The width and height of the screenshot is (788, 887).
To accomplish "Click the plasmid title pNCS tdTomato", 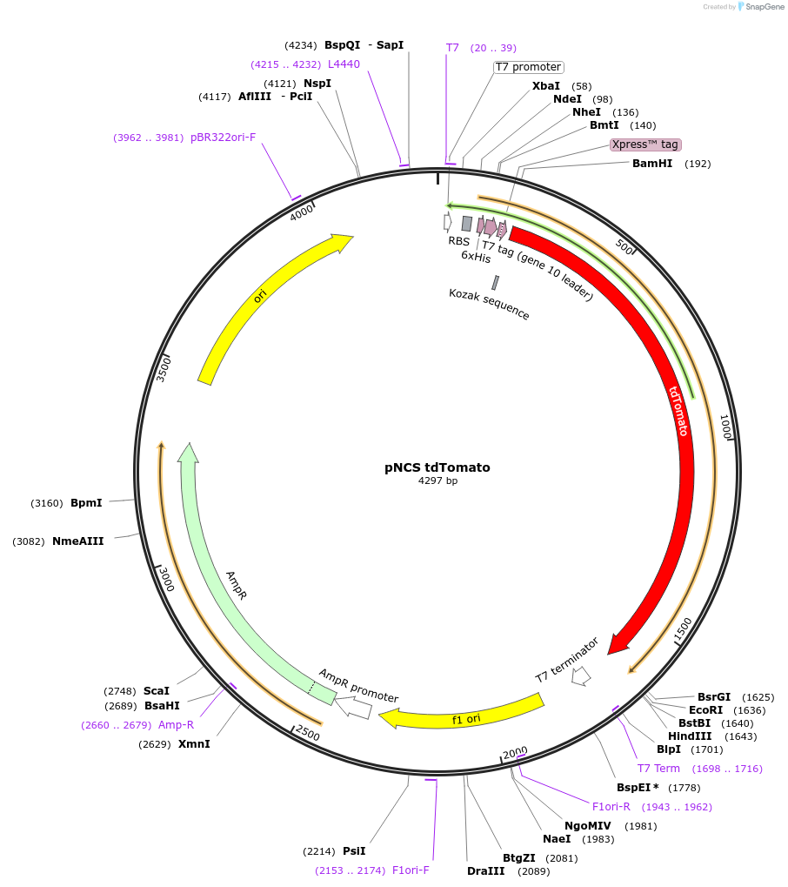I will pyautogui.click(x=437, y=467).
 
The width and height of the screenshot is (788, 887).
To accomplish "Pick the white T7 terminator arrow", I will pyautogui.click(x=580, y=675).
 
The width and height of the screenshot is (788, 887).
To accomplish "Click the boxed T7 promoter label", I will pyautogui.click(x=528, y=67).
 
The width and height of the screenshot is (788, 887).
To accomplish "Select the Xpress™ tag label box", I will pyautogui.click(x=644, y=144).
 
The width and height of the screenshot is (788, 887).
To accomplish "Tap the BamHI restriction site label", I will pyautogui.click(x=652, y=164).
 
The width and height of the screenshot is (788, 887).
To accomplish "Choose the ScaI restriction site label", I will pyautogui.click(x=157, y=690).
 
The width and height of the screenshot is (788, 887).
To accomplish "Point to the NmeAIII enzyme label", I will pyautogui.click(x=77, y=541).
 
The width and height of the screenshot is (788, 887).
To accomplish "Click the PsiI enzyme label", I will pyautogui.click(x=354, y=851).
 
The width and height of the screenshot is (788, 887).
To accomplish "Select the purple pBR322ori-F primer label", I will pyautogui.click(x=224, y=138).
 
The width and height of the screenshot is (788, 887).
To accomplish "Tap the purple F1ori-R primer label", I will pyautogui.click(x=611, y=806).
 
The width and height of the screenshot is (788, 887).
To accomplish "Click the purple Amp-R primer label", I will pyautogui.click(x=177, y=725).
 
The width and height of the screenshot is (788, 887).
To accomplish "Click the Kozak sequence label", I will pyautogui.click(x=489, y=304).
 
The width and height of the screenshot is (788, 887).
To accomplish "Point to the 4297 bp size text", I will pyautogui.click(x=437, y=480).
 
